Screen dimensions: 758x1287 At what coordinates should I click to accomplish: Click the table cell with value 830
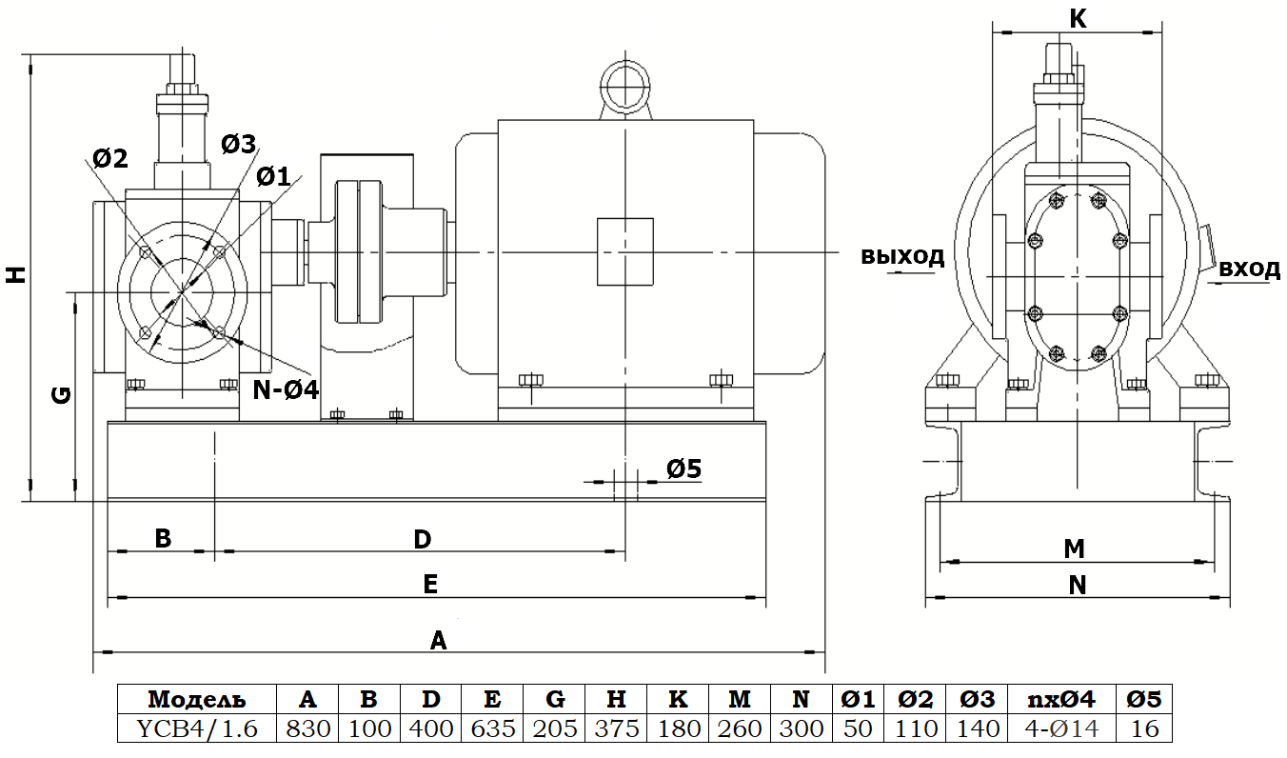click(307, 728)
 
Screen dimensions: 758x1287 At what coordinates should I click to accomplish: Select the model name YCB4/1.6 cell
click(196, 728)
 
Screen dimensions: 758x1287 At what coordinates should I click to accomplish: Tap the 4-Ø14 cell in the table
click(1061, 728)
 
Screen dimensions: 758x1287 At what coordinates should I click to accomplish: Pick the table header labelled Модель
click(196, 699)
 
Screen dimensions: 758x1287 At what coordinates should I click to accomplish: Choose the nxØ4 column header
click(1061, 699)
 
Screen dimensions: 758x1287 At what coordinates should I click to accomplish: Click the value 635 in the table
click(492, 728)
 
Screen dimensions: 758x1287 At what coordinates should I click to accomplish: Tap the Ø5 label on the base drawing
click(683, 468)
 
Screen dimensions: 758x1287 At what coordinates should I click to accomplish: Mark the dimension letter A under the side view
click(438, 639)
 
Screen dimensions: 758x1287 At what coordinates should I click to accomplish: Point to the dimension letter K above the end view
click(1078, 18)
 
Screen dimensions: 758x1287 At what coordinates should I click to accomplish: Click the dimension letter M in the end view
click(1075, 549)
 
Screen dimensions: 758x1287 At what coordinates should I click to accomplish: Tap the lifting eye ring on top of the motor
click(624, 87)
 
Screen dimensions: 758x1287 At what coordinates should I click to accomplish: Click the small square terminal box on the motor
click(624, 251)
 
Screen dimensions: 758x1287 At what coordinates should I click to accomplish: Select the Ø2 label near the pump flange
click(110, 158)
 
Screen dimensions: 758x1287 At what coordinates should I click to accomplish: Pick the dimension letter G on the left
click(60, 394)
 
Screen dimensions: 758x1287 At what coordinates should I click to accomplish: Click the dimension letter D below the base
click(423, 539)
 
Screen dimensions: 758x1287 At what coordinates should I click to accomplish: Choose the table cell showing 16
click(1143, 728)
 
